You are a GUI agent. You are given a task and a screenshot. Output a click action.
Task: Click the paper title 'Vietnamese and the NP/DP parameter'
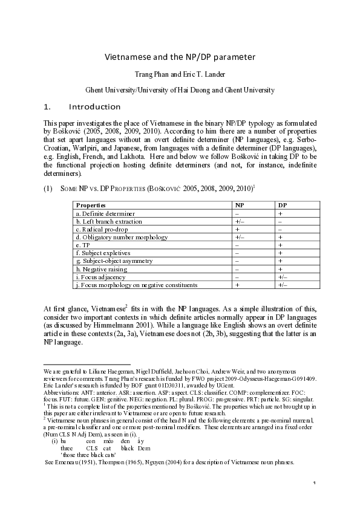(180, 57)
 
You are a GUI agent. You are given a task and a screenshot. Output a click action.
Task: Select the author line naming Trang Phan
(180, 75)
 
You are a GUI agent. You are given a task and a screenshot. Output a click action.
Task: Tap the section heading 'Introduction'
(94, 107)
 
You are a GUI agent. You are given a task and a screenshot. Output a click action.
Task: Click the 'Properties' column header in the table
(90, 206)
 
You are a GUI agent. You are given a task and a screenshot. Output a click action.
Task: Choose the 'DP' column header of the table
(282, 206)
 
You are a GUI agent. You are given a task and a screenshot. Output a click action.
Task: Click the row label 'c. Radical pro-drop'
(102, 230)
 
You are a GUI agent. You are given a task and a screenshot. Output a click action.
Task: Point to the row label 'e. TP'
(82, 245)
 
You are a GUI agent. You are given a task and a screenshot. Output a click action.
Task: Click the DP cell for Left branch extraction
(281, 222)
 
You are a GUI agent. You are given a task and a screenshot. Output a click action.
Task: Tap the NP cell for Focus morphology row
(238, 284)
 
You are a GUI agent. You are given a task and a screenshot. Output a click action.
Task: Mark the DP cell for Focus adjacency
(281, 276)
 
